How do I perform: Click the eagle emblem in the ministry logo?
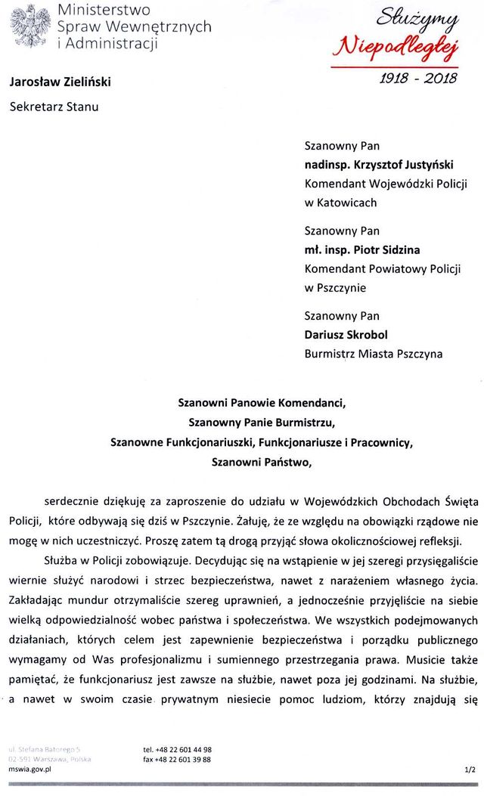[x=29, y=26]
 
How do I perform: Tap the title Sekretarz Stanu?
[x=54, y=106]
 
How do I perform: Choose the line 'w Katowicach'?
[x=340, y=203]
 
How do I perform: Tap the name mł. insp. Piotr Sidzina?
[x=363, y=249]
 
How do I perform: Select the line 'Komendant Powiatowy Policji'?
[x=382, y=268]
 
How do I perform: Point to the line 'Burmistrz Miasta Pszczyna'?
[x=373, y=353]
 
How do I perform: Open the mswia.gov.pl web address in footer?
[x=29, y=770]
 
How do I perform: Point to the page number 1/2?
[x=470, y=770]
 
